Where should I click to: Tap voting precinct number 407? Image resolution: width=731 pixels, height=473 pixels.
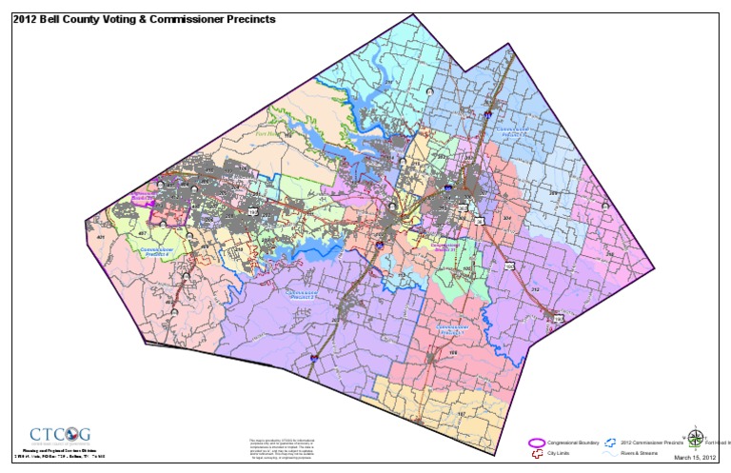[142, 232]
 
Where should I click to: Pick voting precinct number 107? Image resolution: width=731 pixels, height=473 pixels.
[461, 414]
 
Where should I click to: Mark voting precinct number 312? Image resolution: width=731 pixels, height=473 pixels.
[535, 289]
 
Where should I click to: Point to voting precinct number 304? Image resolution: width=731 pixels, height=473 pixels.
[506, 218]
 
